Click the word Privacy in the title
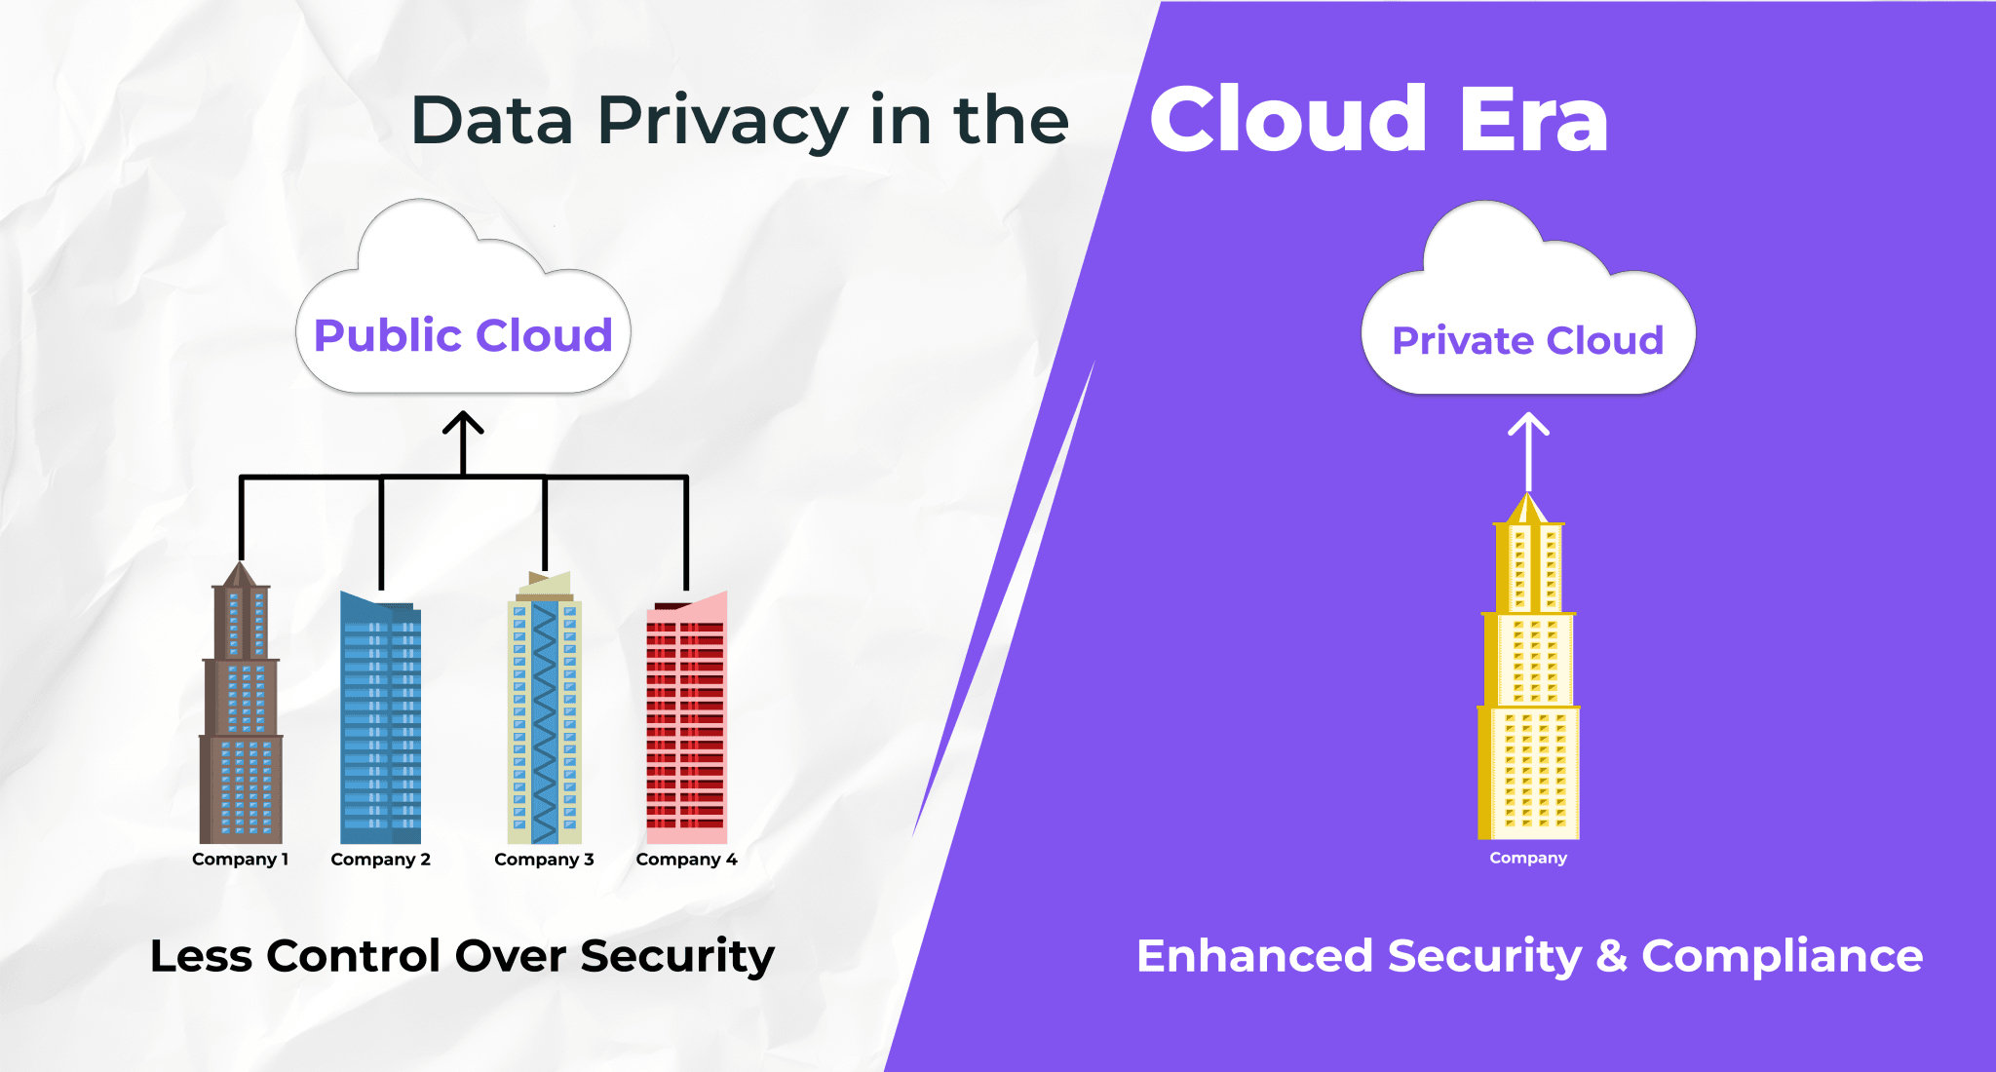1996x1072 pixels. coord(722,122)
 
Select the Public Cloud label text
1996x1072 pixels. coord(463,335)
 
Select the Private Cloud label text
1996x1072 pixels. coord(1527,341)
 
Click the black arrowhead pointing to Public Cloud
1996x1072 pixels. coord(463,423)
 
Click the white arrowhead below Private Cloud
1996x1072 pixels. coord(1528,424)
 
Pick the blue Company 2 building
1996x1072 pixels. coord(380,721)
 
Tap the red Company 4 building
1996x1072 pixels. coord(686,721)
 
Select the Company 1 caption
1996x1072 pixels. coord(240,860)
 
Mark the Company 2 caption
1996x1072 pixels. coord(380,860)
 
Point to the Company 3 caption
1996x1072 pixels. coord(544,860)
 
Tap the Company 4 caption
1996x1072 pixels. coord(686,860)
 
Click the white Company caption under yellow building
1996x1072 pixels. coord(1528,858)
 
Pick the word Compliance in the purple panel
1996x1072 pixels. coord(1782,956)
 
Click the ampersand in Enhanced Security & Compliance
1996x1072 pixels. coord(1612,956)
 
